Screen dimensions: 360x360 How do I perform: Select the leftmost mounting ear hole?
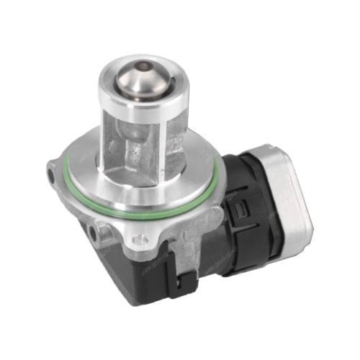[51, 174]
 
